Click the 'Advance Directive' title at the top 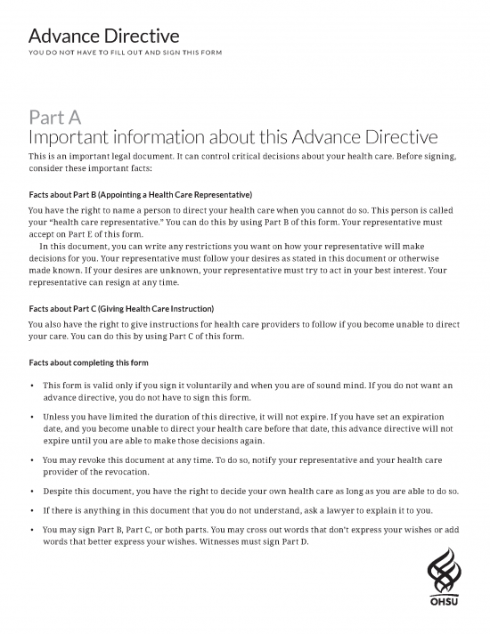pyautogui.click(x=104, y=37)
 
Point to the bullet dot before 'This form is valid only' pyautogui.click(x=32, y=386)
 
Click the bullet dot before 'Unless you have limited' pyautogui.click(x=32, y=416)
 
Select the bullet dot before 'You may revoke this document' pyautogui.click(x=32, y=459)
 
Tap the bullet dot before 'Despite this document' pyautogui.click(x=32, y=491)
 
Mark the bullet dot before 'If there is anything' pyautogui.click(x=32, y=510)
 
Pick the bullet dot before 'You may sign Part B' pyautogui.click(x=32, y=530)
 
